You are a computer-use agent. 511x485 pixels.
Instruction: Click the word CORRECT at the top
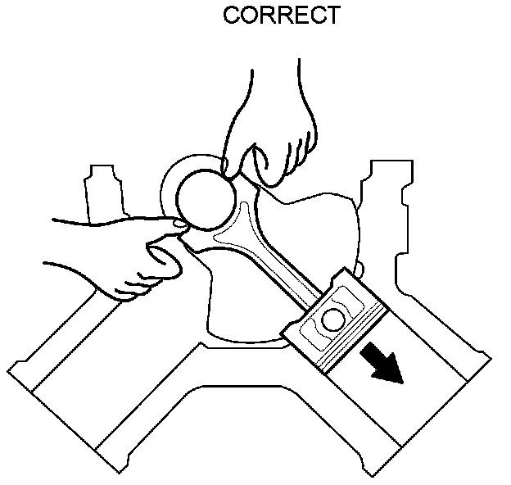coord(281,16)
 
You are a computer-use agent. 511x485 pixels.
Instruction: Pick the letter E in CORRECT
coord(298,16)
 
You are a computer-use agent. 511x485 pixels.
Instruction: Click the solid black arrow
coord(381,364)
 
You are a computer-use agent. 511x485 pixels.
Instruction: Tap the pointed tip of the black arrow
coord(401,383)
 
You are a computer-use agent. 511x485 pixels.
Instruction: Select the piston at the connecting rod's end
coord(336,324)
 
